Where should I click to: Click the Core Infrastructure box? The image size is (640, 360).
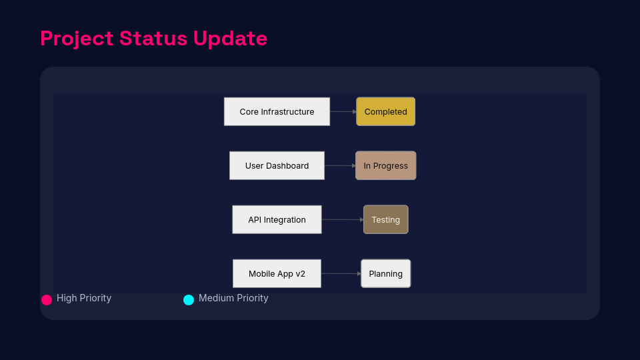tap(277, 111)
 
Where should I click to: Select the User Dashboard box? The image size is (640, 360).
tap(277, 166)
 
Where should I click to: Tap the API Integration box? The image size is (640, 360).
tap(277, 219)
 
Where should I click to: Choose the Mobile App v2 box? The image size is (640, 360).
tap(277, 273)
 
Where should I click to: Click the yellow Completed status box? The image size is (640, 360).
tap(386, 111)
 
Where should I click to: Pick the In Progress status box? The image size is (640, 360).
tap(386, 166)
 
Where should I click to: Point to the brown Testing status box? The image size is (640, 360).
tap(386, 219)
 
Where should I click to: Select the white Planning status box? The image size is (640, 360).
tap(386, 273)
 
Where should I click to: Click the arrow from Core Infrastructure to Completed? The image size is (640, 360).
tap(343, 111)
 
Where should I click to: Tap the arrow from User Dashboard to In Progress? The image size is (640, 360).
tap(340, 166)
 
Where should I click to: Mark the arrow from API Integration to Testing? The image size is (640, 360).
tap(343, 219)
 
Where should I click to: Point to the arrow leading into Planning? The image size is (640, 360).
tap(341, 273)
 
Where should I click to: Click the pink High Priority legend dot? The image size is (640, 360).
tap(47, 300)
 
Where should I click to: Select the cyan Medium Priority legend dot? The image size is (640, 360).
tap(189, 300)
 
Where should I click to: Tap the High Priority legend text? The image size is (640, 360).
tap(84, 299)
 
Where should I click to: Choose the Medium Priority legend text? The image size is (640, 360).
tap(233, 299)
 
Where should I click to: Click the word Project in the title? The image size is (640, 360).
tap(77, 39)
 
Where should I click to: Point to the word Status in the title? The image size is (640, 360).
tap(153, 39)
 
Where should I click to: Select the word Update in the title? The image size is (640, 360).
tap(230, 39)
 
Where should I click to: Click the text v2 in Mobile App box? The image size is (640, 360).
tap(301, 274)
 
